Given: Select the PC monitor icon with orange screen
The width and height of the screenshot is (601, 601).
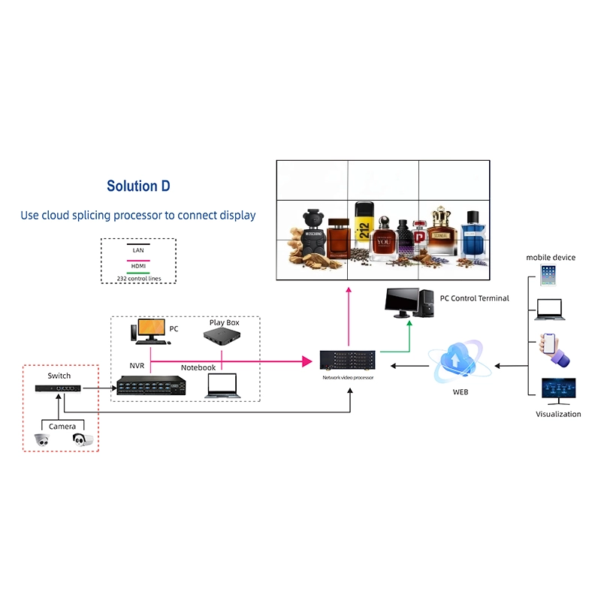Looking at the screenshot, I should click(x=150, y=331).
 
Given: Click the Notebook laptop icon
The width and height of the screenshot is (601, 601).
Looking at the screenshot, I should click(x=223, y=385).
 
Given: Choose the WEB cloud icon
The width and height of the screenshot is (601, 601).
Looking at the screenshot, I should click(x=460, y=361).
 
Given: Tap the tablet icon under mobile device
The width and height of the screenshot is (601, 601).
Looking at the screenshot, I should click(x=548, y=274).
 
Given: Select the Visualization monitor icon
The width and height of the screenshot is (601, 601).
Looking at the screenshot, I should click(x=558, y=391).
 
